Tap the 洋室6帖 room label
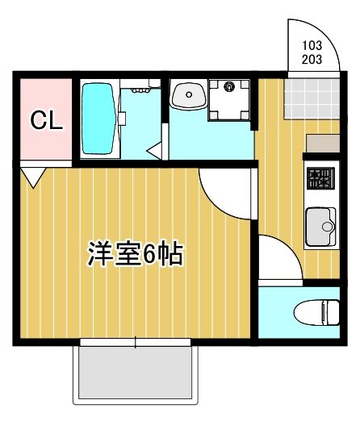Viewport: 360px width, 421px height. [136, 255]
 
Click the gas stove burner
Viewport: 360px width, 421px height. [320, 175]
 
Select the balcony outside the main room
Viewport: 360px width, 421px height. [135, 373]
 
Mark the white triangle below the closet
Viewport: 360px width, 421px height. [32, 175]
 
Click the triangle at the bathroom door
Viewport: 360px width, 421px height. [156, 148]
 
